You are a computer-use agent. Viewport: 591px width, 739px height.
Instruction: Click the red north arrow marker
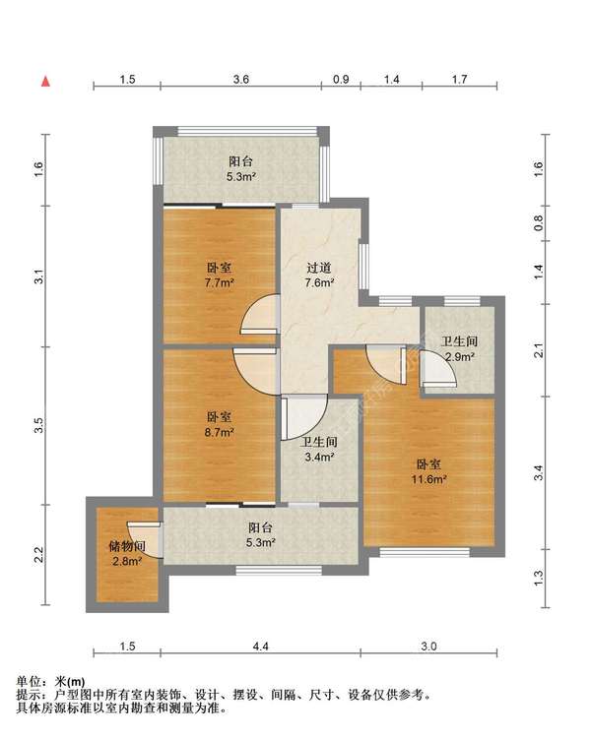(x=45, y=82)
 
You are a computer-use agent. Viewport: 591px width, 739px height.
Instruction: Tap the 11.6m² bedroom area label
(x=428, y=480)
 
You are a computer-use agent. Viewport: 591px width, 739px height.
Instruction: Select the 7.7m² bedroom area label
(x=220, y=282)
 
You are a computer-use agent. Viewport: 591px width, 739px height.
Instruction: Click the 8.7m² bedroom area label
(x=220, y=432)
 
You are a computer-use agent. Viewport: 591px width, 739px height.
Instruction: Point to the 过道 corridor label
(x=319, y=268)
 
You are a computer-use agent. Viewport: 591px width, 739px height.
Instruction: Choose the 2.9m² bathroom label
(x=459, y=357)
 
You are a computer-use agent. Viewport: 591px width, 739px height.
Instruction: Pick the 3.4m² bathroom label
(x=319, y=457)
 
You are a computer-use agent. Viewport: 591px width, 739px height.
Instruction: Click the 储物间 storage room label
(x=127, y=546)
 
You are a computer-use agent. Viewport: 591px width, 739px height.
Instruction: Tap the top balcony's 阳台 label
(x=240, y=161)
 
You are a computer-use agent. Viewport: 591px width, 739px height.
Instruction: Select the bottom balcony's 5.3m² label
(x=260, y=542)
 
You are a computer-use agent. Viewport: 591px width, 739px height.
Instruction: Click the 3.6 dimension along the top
(x=240, y=79)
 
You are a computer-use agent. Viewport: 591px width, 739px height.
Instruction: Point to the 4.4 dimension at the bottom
(x=260, y=647)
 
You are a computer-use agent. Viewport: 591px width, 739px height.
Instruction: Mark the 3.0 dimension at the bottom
(x=428, y=647)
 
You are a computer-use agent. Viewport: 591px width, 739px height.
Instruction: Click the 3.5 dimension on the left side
(x=39, y=425)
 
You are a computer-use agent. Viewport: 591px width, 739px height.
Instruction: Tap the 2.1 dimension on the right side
(x=539, y=350)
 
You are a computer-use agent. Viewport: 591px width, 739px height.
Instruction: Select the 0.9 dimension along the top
(x=341, y=79)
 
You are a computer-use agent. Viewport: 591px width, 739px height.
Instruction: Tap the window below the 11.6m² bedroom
(x=425, y=552)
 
